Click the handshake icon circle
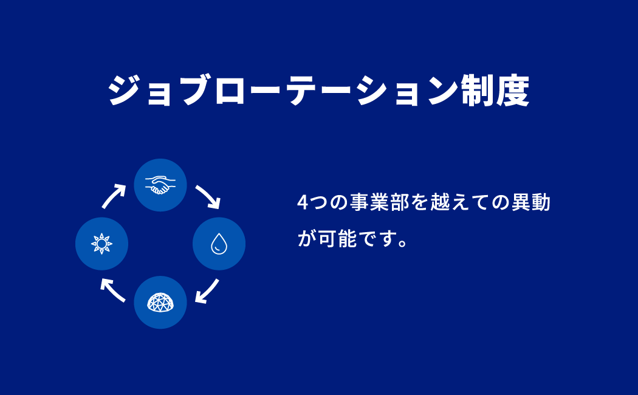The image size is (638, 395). point(160,185)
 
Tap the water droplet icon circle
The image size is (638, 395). point(219,244)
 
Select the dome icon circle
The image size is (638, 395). point(160,302)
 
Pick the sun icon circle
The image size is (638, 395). point(101,244)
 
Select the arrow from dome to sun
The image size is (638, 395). point(112,290)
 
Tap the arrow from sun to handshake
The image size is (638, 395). point(114,196)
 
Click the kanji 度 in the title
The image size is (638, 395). point(512,91)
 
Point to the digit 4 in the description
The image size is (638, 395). point(303,202)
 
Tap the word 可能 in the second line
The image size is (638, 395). point(337,238)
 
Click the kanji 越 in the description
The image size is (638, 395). point(440,202)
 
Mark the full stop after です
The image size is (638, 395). point(403,244)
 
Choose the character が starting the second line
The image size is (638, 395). point(307,238)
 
